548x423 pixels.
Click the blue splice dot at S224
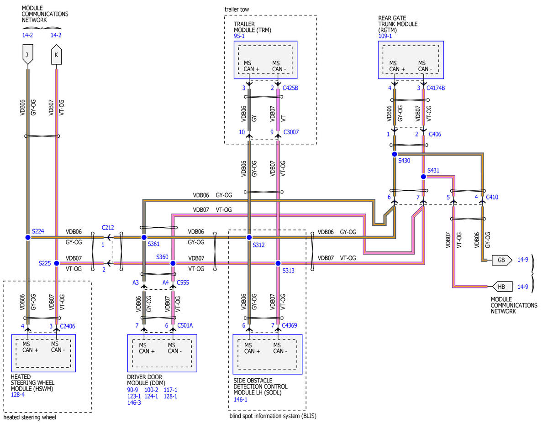[x=28, y=237]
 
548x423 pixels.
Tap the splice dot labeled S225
[x=57, y=263]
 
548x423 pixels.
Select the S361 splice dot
[x=144, y=237]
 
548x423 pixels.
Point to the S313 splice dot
[x=278, y=263]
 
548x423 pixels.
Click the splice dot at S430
[x=395, y=154]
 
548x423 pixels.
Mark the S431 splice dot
[x=423, y=177]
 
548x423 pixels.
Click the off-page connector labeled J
[x=28, y=54]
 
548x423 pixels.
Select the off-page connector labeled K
[x=57, y=54]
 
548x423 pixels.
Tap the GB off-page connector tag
[x=502, y=260]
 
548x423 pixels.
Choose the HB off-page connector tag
[x=502, y=287]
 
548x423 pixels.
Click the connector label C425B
[x=290, y=88]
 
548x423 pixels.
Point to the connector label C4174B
[x=436, y=88]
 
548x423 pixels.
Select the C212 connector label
[x=108, y=228]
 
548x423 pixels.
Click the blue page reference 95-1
[x=239, y=36]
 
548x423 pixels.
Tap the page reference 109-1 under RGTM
[x=385, y=36]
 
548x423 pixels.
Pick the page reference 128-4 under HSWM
[x=18, y=395]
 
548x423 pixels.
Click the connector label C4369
[x=289, y=325]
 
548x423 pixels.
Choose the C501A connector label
[x=185, y=325]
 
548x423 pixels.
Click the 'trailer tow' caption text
[x=237, y=10]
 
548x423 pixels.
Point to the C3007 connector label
[x=291, y=132]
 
